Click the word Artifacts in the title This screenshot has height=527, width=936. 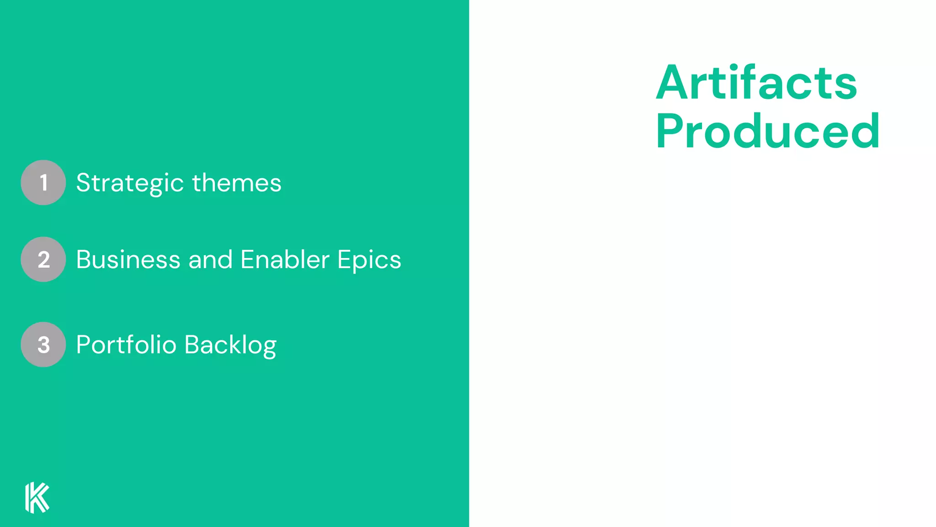pos(756,83)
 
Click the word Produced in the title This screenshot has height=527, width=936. pos(767,132)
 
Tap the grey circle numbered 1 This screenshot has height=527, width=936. pos(43,183)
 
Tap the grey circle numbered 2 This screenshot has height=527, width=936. pos(43,259)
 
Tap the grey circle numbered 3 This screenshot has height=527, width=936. pos(43,344)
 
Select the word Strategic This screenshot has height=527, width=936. pos(130,183)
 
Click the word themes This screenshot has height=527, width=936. pos(236,183)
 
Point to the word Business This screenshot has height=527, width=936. pos(128,260)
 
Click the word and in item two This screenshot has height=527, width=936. pos(211,260)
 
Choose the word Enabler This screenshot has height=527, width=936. pos(285,260)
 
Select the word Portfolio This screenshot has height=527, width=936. pos(126,345)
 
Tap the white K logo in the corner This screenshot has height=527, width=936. pos(37,498)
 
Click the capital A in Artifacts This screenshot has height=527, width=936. pos(672,83)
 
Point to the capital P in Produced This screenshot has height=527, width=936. pos(669,132)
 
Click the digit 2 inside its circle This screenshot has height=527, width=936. pos(43,260)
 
